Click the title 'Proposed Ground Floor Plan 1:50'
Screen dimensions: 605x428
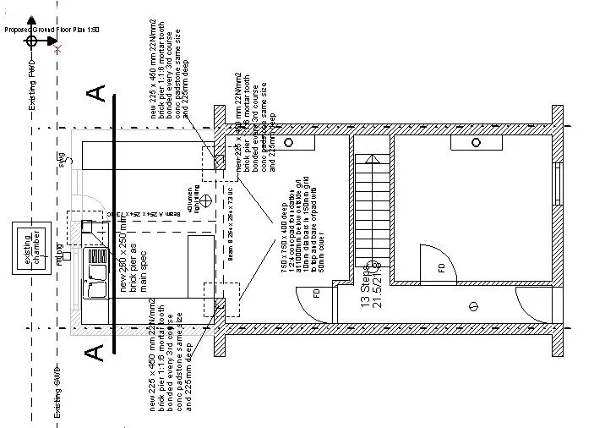point(52,29)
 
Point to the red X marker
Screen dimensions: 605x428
point(57,50)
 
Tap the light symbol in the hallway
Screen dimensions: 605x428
point(474,304)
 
